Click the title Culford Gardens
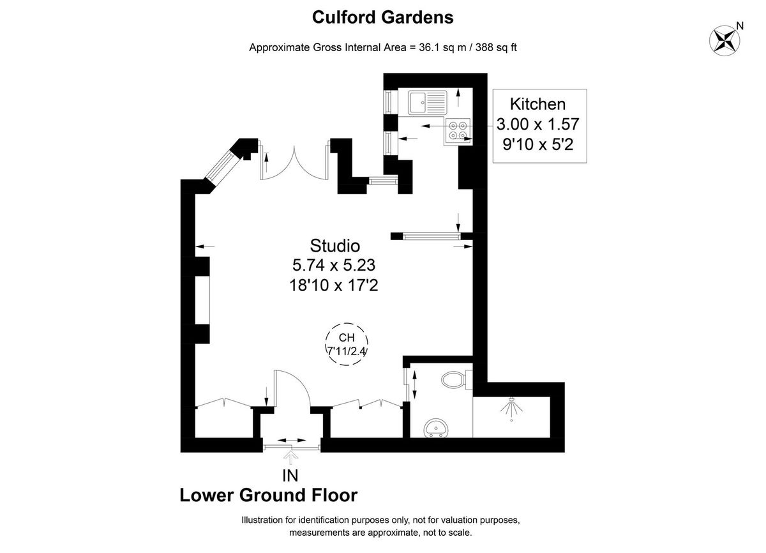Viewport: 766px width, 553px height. pos(382,17)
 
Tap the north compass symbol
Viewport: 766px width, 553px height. pos(725,40)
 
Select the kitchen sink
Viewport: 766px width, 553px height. pos(428,102)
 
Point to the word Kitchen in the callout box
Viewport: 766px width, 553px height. pos(537,104)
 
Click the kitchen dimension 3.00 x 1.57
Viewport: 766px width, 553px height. pos(537,125)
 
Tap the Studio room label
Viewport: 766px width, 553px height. pos(335,245)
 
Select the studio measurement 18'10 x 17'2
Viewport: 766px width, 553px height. pos(334,285)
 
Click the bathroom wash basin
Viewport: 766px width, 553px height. pos(437,427)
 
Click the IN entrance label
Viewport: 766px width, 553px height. pos(290,474)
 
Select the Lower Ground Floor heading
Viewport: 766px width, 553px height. pos(269,496)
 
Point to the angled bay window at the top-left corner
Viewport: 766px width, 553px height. pos(221,166)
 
